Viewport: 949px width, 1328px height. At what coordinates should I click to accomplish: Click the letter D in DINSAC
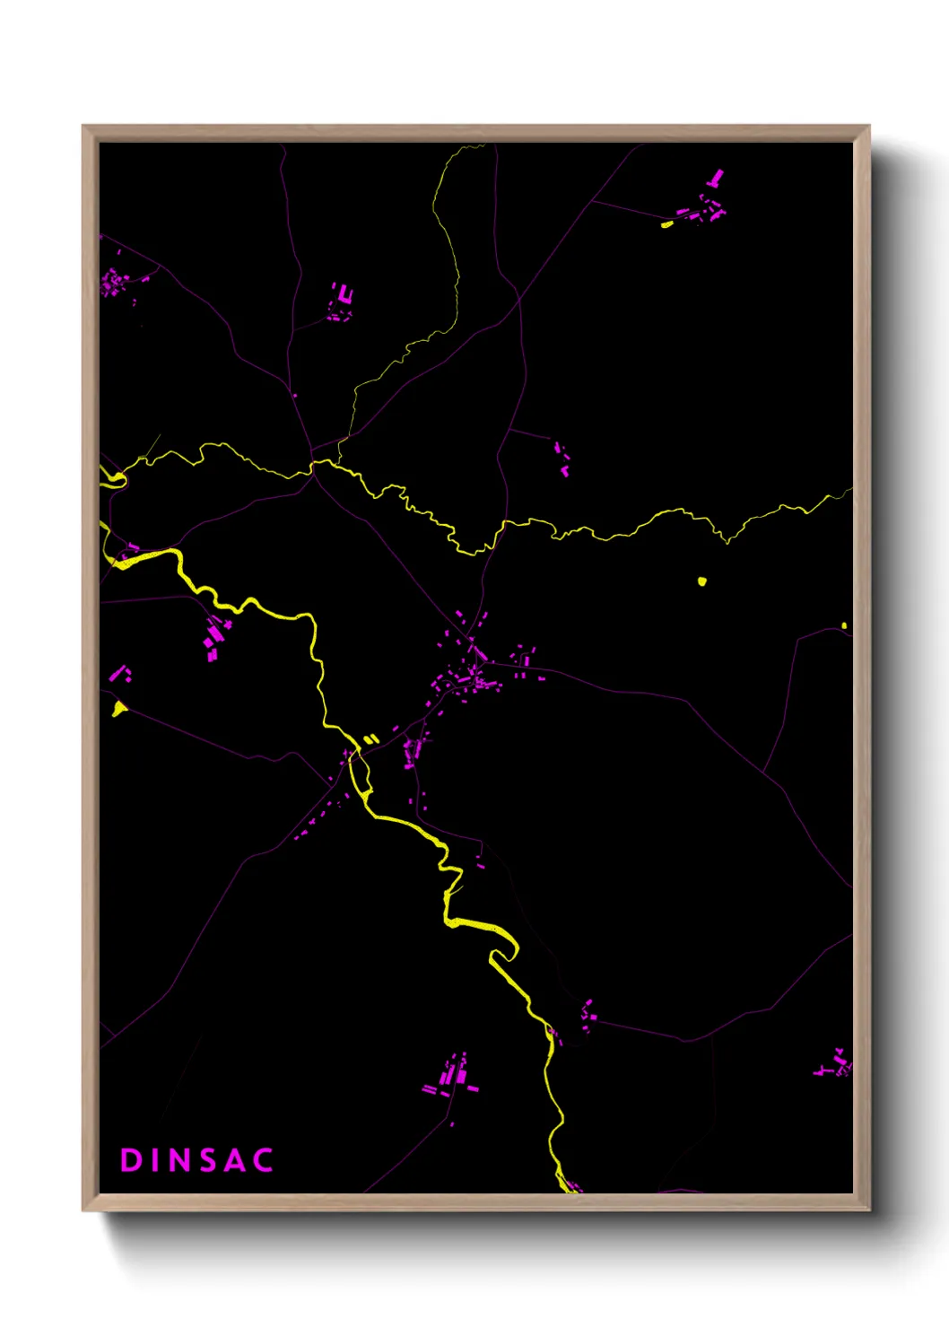[x=132, y=1160]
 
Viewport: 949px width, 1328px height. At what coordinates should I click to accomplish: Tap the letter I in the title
[x=157, y=1160]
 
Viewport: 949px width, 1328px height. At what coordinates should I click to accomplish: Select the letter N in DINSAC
[x=180, y=1160]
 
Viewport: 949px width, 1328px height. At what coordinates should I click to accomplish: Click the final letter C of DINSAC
[x=262, y=1160]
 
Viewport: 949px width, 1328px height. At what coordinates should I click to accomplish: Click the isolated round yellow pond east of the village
[x=702, y=581]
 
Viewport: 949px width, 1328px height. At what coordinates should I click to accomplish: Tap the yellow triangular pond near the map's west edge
[x=118, y=710]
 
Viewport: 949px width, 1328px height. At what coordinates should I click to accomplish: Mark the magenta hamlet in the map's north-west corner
[x=115, y=282]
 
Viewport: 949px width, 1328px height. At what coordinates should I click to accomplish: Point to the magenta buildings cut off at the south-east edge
[x=836, y=1065]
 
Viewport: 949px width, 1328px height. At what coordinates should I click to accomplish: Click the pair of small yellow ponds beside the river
[x=371, y=739]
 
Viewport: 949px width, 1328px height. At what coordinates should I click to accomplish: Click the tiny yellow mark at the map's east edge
[x=844, y=625]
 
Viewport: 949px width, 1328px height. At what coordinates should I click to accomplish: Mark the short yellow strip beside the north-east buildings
[x=666, y=224]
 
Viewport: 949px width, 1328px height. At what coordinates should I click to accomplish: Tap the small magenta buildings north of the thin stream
[x=562, y=458]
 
